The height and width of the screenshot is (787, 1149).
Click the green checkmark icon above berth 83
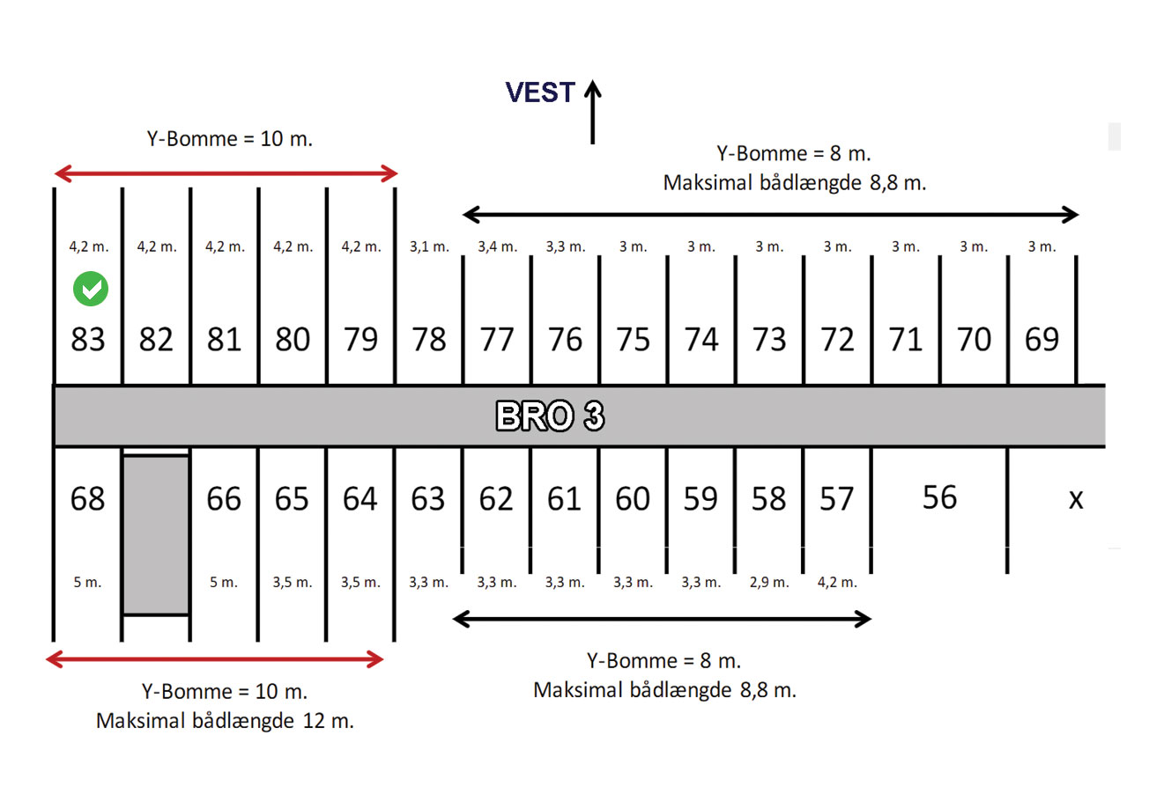click(91, 289)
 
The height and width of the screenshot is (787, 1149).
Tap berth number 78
click(429, 339)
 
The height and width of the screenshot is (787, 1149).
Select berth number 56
click(939, 497)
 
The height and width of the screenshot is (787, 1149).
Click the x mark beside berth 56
click(1076, 499)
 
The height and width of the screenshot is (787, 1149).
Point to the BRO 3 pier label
click(550, 416)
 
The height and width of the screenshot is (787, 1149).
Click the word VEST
click(540, 92)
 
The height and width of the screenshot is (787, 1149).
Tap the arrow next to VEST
click(593, 112)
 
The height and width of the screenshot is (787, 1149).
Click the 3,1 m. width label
click(429, 247)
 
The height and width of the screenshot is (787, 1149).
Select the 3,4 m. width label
click(498, 247)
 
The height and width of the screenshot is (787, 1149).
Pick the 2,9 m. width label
click(769, 583)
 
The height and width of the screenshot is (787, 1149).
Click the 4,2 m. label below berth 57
click(837, 583)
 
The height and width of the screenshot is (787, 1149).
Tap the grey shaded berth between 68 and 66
click(156, 535)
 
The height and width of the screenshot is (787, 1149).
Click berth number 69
click(1042, 339)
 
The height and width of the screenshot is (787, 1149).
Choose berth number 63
click(428, 498)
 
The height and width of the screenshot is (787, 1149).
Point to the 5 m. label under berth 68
click(88, 583)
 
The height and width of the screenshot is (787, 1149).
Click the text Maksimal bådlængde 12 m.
click(226, 722)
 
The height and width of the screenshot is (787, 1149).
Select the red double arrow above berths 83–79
click(226, 173)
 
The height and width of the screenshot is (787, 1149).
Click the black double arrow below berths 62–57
click(663, 619)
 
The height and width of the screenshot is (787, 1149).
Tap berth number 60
click(633, 498)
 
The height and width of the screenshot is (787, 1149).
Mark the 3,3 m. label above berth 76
click(566, 247)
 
